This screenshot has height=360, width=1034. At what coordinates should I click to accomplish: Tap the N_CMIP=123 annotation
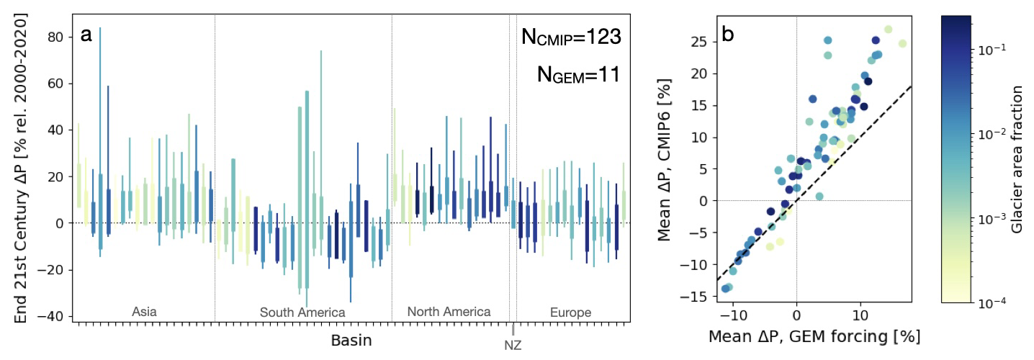tap(571, 37)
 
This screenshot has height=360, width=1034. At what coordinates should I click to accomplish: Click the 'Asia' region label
tap(144, 312)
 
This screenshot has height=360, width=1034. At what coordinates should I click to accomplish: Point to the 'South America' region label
tap(302, 312)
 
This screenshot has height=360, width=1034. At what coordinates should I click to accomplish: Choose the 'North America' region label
tap(449, 312)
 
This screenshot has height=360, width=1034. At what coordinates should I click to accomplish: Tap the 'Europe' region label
tap(570, 312)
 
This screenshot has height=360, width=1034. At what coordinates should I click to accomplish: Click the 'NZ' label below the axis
tap(512, 345)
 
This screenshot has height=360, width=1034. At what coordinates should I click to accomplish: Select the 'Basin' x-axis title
tap(352, 340)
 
